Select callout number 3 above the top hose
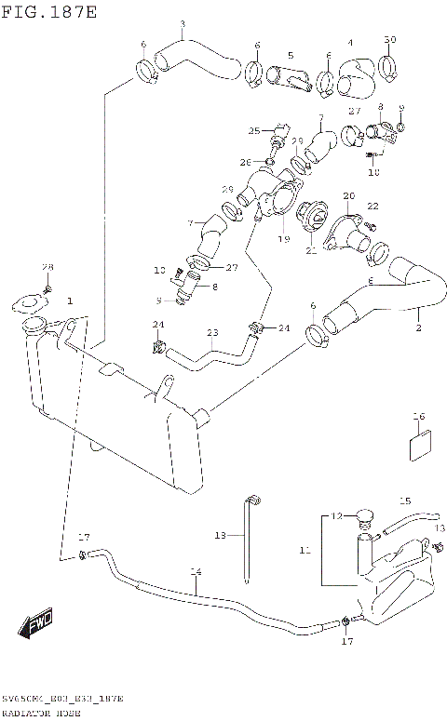pos(182,24)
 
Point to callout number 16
pos(419,416)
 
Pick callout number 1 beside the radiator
pos(70,301)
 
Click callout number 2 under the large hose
pos(418,327)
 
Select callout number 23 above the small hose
pos(212,333)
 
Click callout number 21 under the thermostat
pos(310,251)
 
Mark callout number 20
pos(348,195)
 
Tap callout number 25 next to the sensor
pos(253,130)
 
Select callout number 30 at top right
pos(390,39)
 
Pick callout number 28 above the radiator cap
pos(47,268)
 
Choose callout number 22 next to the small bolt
pos(372,207)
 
